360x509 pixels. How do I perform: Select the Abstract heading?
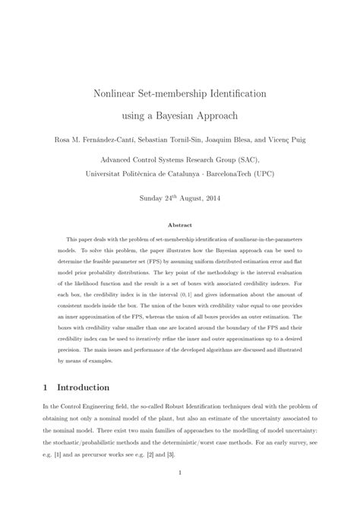180,225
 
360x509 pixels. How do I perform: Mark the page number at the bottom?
180,495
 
